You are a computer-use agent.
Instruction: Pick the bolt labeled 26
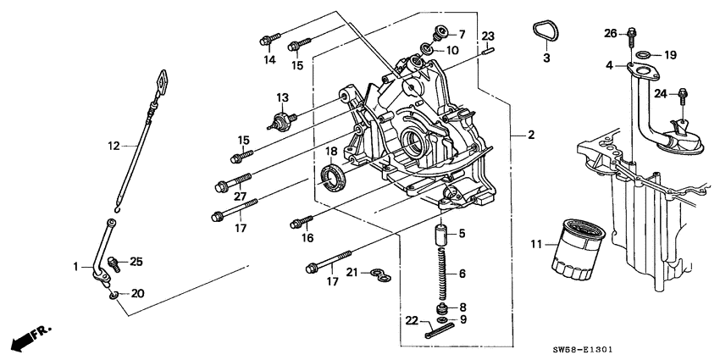coord(632,35)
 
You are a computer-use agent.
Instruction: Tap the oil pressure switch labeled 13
coord(280,119)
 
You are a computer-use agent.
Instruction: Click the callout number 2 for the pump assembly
coord(531,135)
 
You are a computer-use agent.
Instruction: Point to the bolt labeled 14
coord(269,38)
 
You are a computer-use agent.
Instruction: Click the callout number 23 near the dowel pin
coord(488,36)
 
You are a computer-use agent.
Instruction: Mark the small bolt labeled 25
coord(116,263)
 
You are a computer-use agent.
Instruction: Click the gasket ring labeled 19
coord(643,56)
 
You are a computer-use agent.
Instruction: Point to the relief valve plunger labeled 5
coord(440,233)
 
